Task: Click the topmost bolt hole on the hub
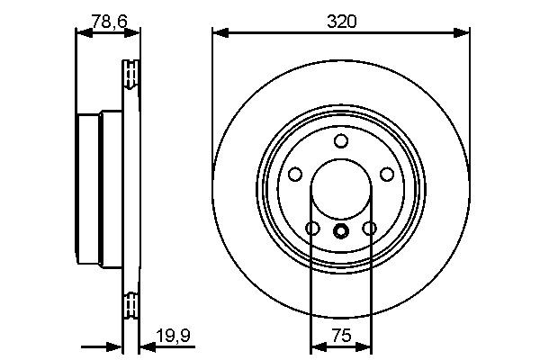coord(340,141)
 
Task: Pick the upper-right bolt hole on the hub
coord(387,175)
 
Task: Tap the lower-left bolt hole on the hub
coord(311,229)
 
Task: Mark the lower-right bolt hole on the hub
coord(369,229)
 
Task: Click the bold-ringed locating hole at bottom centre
coord(340,231)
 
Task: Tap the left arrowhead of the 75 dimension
coord(315,346)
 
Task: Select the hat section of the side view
coord(90,189)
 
